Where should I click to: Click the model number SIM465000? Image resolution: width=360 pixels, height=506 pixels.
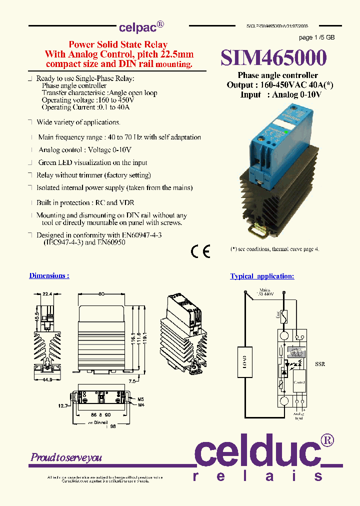(x=273, y=58)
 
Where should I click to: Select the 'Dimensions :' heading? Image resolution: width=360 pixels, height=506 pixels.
(x=49, y=275)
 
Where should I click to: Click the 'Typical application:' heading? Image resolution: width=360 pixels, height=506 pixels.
(x=262, y=276)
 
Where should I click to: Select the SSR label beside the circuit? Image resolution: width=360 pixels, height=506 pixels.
(x=319, y=364)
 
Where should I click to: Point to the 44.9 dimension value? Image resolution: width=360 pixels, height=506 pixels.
(x=48, y=379)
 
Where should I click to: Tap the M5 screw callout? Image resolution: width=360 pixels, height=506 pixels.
(x=141, y=398)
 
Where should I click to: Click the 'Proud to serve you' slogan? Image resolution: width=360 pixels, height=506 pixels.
(x=66, y=457)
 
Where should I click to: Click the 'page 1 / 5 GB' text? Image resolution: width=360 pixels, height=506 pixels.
(x=316, y=37)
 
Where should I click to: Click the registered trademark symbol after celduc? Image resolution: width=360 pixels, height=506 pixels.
(x=327, y=440)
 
